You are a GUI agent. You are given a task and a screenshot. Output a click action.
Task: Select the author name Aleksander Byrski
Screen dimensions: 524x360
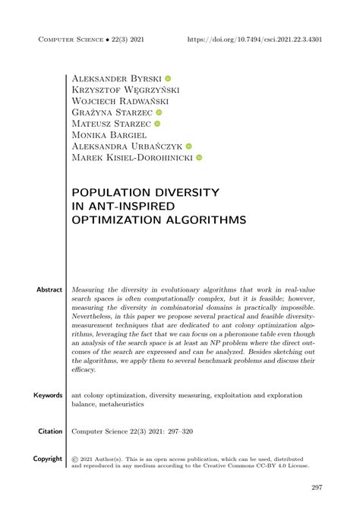click(x=115, y=78)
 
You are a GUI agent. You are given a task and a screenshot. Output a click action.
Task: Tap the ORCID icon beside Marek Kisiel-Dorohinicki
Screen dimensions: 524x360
click(x=199, y=158)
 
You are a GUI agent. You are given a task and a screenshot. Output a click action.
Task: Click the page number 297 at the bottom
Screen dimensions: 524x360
click(x=317, y=488)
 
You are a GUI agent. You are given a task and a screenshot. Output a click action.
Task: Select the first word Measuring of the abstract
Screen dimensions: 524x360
click(x=89, y=290)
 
